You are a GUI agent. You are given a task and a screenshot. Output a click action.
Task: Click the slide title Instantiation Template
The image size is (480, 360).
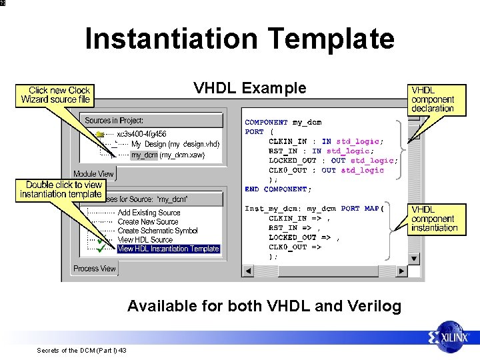click(x=239, y=39)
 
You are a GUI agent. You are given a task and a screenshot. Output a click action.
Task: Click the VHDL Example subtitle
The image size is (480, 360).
click(x=249, y=89)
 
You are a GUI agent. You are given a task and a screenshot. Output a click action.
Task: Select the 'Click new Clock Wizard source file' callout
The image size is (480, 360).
click(x=55, y=95)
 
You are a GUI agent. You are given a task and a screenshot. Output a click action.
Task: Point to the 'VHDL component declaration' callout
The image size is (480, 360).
click(x=433, y=99)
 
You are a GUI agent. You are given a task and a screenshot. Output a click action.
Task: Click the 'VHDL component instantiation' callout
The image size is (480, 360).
click(x=434, y=219)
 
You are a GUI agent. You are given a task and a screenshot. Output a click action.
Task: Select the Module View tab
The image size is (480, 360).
click(x=93, y=174)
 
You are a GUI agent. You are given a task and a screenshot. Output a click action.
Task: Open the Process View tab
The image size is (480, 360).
click(x=94, y=269)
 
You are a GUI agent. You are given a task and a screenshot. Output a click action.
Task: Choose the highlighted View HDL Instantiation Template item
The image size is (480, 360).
click(x=168, y=249)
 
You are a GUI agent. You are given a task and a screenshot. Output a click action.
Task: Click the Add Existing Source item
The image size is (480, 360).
click(x=149, y=213)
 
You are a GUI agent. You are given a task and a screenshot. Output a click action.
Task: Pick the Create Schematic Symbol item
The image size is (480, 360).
click(x=157, y=231)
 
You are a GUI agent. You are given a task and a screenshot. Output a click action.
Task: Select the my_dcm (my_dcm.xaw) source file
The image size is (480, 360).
click(x=167, y=155)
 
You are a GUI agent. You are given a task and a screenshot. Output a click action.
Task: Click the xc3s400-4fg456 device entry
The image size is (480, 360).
click(x=141, y=134)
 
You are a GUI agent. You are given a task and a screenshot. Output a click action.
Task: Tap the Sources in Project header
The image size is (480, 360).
click(x=114, y=121)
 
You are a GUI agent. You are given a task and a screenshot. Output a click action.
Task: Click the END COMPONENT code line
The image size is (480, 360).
click(x=278, y=189)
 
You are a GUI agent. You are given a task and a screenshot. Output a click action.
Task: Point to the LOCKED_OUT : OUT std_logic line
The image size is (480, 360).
click(x=333, y=161)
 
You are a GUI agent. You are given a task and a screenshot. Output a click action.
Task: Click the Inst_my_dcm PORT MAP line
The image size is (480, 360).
click(x=314, y=209)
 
